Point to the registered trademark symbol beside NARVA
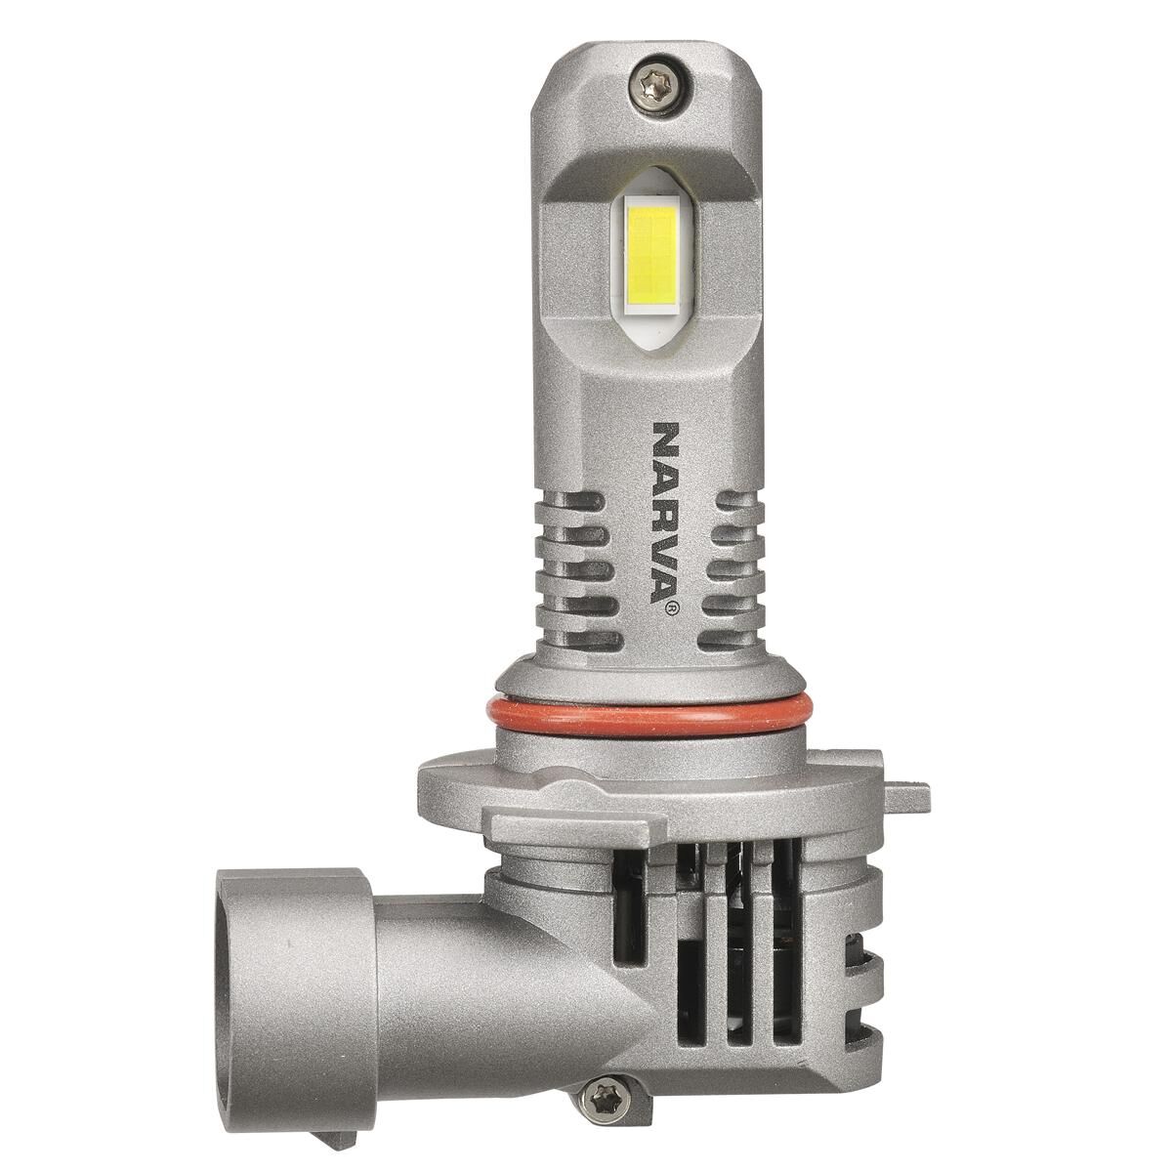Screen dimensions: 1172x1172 [671, 607]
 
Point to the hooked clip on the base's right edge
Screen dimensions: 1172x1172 [863, 957]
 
